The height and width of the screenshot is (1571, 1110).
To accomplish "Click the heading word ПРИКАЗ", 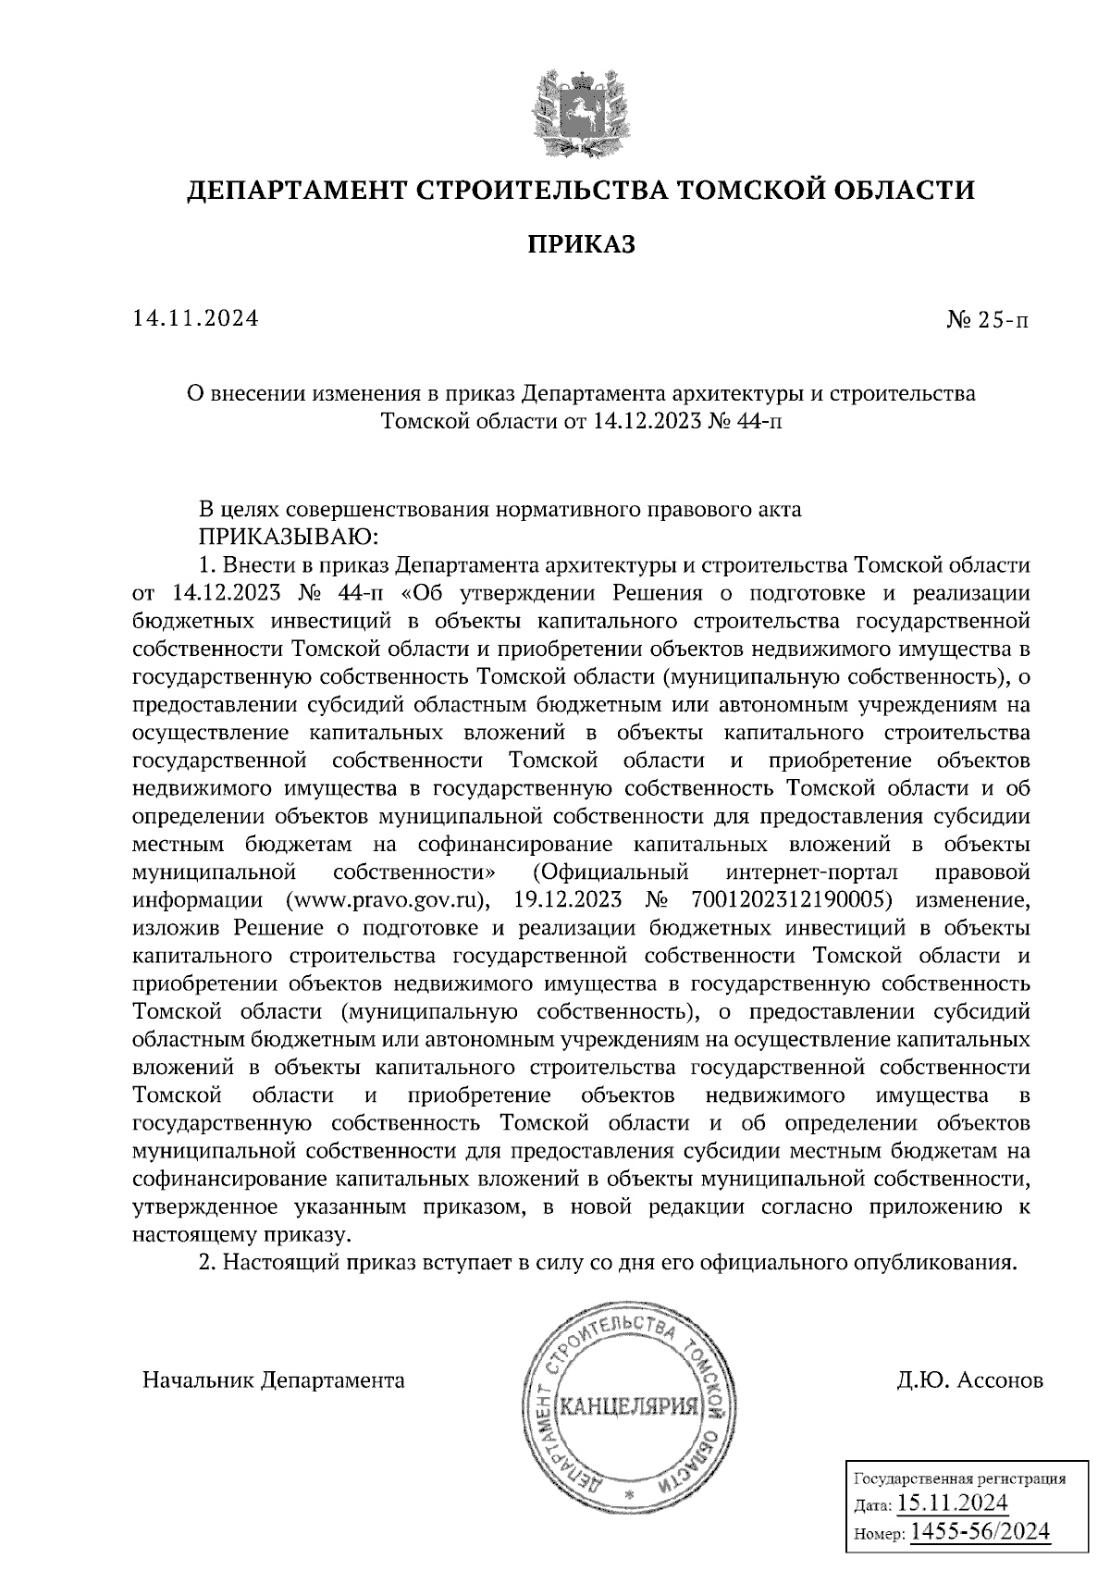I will tap(581, 243).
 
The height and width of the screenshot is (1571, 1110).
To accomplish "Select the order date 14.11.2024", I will tap(195, 319).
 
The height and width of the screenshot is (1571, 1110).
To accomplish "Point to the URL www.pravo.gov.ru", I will tap(386, 899).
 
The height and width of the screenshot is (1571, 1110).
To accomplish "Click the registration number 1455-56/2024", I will tap(980, 1532).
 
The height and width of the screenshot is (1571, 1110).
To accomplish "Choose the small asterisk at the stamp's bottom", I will tap(629, 1494).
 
